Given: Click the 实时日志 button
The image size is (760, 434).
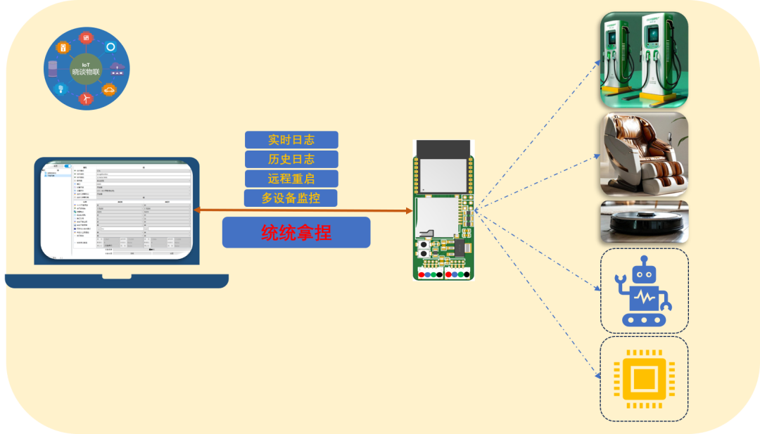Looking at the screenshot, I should (291, 140).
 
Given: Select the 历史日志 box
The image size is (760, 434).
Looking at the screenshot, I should (291, 159).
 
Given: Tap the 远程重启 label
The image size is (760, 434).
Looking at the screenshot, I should (291, 179).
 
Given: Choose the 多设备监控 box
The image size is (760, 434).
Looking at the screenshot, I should (291, 198).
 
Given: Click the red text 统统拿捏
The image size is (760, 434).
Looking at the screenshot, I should (296, 232).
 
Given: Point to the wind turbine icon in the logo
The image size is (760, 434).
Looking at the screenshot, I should (86, 98).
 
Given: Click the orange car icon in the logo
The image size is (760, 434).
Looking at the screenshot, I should (109, 89).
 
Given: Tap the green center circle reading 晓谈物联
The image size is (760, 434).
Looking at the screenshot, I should (86, 69).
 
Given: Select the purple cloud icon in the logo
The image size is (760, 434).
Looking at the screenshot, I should (117, 68).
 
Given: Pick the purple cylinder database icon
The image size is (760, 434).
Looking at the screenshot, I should (53, 68).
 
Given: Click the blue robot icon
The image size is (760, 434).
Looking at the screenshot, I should (643, 291).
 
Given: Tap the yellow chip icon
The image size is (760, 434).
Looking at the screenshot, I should (643, 381).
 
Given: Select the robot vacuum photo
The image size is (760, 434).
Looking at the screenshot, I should (643, 222).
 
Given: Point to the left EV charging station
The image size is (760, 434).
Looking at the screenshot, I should (616, 56).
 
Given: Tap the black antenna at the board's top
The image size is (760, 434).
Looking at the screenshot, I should (441, 148).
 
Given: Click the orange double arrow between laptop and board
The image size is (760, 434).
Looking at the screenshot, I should (303, 210).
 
